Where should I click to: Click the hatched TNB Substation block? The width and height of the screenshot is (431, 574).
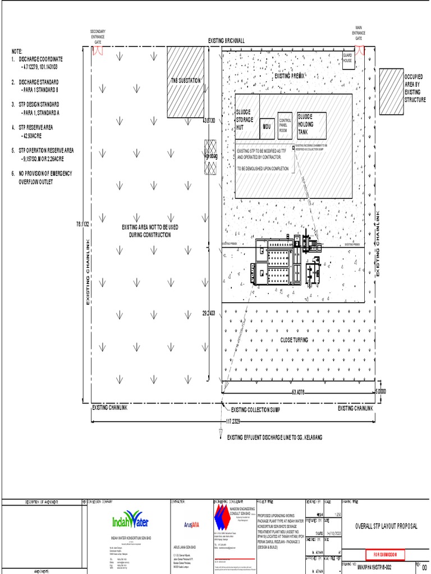(185, 81)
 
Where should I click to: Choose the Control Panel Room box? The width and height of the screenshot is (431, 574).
(285, 124)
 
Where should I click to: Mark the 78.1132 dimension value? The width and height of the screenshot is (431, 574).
(83, 224)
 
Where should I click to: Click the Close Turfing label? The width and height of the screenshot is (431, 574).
(295, 340)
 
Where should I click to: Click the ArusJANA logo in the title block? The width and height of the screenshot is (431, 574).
(192, 525)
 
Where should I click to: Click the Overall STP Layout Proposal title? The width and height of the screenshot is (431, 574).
(388, 526)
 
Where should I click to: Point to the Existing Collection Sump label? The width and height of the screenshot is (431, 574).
(255, 410)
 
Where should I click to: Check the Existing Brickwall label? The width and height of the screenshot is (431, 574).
(226, 41)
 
